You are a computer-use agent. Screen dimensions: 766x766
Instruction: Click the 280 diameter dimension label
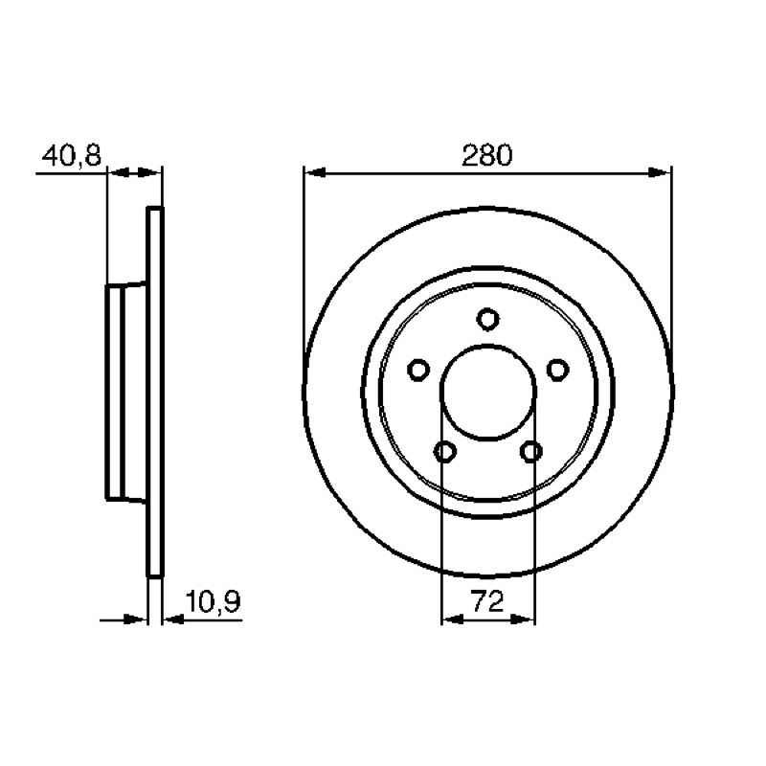click(487, 155)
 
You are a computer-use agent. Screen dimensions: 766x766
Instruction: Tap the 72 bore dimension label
click(487, 601)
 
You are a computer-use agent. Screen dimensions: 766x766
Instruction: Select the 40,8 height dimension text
click(71, 155)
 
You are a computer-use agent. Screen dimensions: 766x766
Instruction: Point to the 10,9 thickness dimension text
click(213, 602)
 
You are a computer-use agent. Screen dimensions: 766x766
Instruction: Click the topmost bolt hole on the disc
click(487, 320)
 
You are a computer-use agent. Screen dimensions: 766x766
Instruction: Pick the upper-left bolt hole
click(418, 370)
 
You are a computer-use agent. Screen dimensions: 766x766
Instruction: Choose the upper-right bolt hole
click(557, 370)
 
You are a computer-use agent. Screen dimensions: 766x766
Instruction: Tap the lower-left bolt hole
click(445, 451)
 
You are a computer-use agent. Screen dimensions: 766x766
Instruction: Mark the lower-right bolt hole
click(531, 451)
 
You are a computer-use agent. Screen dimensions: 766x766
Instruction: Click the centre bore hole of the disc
click(488, 392)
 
